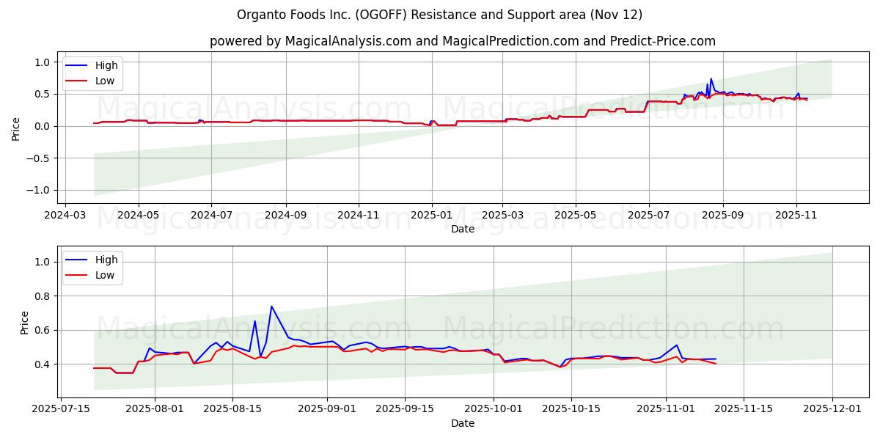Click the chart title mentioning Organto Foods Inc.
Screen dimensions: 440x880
[440, 15]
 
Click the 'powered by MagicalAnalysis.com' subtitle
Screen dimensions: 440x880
[462, 41]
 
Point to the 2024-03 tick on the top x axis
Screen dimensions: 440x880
[66, 215]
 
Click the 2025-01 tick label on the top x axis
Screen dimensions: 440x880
[431, 215]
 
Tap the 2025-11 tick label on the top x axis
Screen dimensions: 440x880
[795, 215]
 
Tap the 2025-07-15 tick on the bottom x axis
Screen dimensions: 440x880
[60, 408]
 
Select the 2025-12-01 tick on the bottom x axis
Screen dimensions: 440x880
[832, 408]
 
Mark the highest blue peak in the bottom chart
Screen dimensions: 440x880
[271, 307]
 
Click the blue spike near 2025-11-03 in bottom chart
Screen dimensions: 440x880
[677, 345]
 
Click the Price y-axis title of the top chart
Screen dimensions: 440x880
[16, 128]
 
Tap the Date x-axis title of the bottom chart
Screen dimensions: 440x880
[462, 423]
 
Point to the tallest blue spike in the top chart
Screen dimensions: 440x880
[711, 79]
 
